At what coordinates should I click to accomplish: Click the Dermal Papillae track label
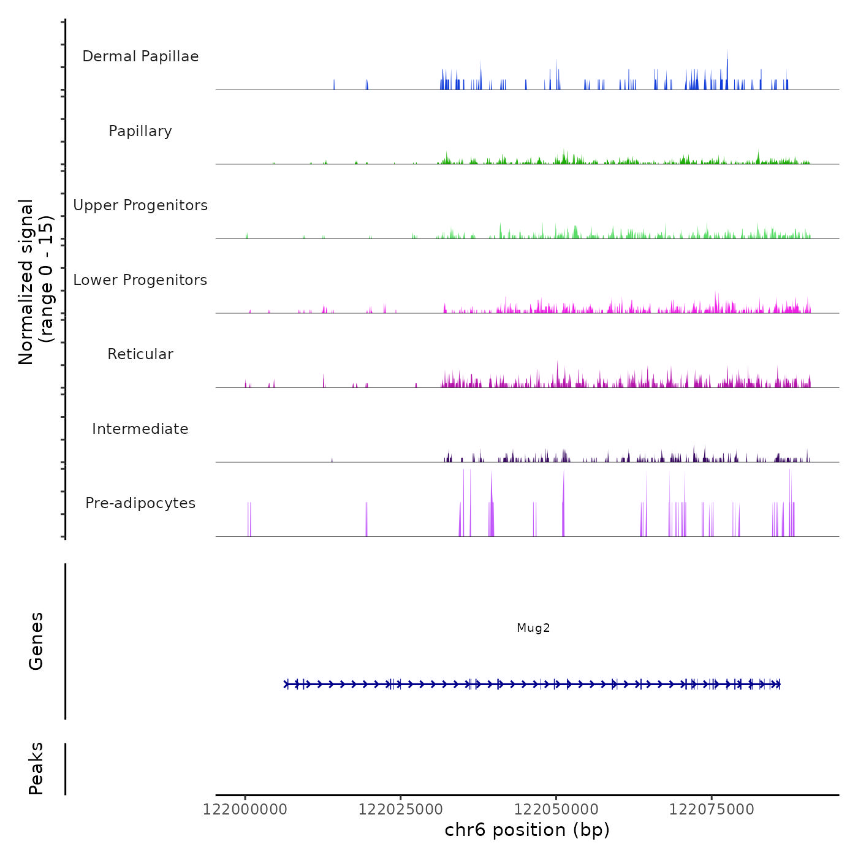coord(140,56)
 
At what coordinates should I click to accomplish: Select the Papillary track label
coord(140,131)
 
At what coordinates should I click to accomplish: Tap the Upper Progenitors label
coord(140,205)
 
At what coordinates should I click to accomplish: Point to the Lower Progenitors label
coord(140,280)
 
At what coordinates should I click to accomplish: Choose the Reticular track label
coord(140,354)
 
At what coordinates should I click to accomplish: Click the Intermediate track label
coord(140,429)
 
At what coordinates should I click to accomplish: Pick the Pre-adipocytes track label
coord(140,503)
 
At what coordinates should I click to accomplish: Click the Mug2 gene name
coord(533,628)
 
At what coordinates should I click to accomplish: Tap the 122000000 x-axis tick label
coord(245,810)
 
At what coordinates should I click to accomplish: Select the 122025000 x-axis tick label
coord(401,810)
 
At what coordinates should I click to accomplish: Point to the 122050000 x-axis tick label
coord(556,810)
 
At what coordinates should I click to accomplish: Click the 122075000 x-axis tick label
coord(712,810)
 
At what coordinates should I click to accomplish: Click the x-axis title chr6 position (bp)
coord(527,830)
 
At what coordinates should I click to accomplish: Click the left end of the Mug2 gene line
coord(285,684)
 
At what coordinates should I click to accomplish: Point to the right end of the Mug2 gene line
coord(780,684)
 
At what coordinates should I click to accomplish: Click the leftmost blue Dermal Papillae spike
coord(334,85)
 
